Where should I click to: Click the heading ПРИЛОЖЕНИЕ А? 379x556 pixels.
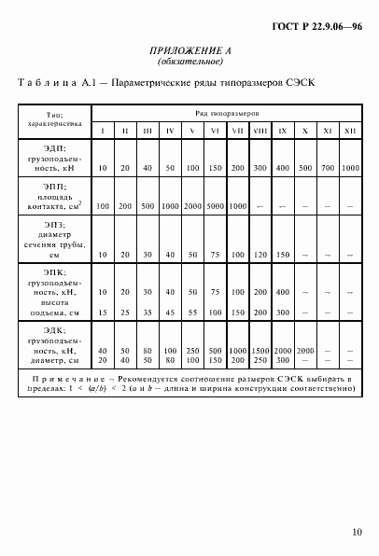(x=189, y=51)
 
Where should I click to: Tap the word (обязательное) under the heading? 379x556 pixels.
(x=189, y=63)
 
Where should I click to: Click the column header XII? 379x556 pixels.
(x=349, y=130)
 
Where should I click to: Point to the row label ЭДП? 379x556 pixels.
(x=54, y=147)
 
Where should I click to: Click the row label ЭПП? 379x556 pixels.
(x=54, y=187)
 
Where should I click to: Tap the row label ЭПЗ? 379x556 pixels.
(x=54, y=225)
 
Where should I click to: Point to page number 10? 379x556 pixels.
(x=356, y=533)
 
